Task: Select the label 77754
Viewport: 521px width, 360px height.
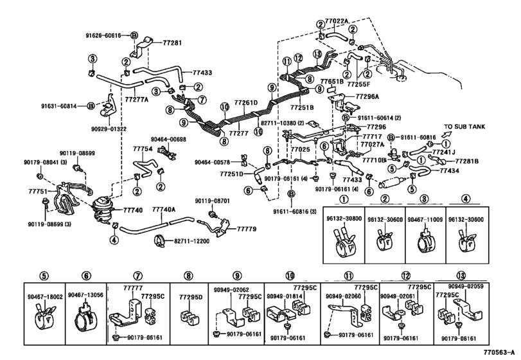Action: pos(143,149)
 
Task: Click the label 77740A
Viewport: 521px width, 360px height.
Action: pos(164,210)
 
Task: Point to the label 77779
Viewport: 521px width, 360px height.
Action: pos(247,229)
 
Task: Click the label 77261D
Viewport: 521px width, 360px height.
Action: pos(245,103)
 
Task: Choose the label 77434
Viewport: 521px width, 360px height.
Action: pos(450,171)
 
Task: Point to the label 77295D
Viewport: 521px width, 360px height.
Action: pos(191,297)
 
